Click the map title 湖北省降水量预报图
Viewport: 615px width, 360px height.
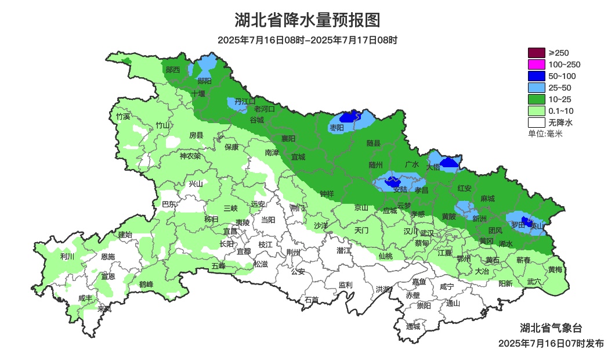[307, 20]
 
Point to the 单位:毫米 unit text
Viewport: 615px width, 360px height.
[545, 134]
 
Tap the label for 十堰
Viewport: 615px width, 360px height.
[198, 93]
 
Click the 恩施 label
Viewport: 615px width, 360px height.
[108, 256]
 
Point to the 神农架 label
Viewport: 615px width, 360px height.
[190, 156]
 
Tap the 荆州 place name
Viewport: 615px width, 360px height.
[294, 252]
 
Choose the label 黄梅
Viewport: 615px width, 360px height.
[555, 269]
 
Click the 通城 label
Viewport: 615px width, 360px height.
[413, 326]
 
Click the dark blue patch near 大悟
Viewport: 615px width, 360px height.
[448, 164]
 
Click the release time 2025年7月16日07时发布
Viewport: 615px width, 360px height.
[551, 343]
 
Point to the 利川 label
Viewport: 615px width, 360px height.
[67, 256]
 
